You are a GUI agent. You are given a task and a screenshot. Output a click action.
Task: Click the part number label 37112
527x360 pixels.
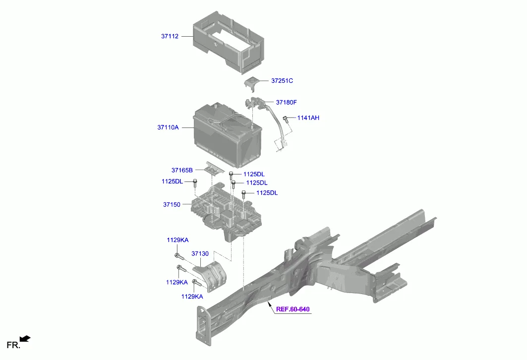(x=170, y=36)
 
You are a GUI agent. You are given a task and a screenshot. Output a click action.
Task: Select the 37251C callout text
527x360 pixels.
(x=282, y=81)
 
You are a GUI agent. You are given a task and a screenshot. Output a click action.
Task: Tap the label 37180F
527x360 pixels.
(x=287, y=102)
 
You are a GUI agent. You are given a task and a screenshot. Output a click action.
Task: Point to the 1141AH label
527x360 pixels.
(x=308, y=118)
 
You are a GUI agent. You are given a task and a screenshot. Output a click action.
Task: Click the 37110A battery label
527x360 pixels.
(x=168, y=127)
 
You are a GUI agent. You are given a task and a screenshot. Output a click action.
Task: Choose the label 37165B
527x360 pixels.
(x=182, y=171)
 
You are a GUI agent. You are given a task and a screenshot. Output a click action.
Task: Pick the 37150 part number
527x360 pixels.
(x=172, y=204)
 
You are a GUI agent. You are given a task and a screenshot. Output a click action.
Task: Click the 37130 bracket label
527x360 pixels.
(x=200, y=254)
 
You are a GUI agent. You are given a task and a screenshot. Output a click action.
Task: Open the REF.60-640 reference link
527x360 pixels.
(x=293, y=309)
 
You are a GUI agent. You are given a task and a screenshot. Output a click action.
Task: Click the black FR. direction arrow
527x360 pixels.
(x=25, y=339)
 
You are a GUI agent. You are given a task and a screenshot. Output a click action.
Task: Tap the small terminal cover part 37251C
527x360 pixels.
(x=251, y=83)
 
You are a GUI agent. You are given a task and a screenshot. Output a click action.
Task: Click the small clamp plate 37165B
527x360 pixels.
(x=214, y=168)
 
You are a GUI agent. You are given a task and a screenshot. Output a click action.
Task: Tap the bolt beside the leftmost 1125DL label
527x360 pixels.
(x=195, y=183)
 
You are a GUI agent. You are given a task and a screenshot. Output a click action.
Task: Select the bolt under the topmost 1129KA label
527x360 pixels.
(x=179, y=257)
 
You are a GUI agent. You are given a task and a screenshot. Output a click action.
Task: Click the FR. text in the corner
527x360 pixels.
(x=13, y=345)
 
